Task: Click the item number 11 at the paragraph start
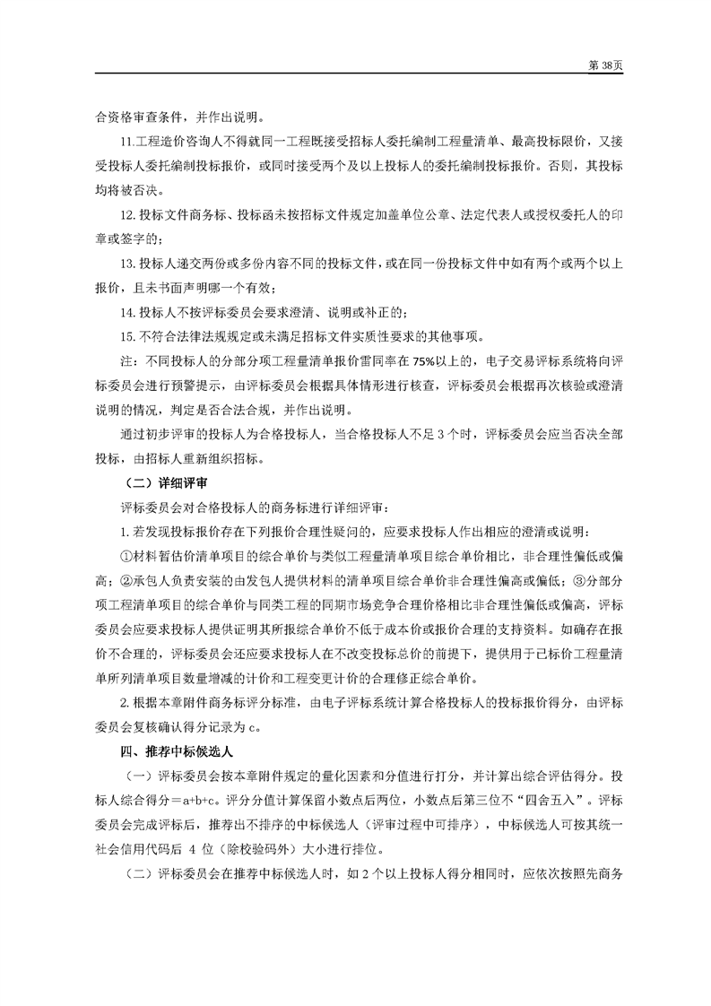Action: click(125, 142)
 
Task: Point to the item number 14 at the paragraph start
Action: click(126, 312)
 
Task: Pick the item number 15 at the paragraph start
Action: click(126, 336)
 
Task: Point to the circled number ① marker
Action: click(126, 554)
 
